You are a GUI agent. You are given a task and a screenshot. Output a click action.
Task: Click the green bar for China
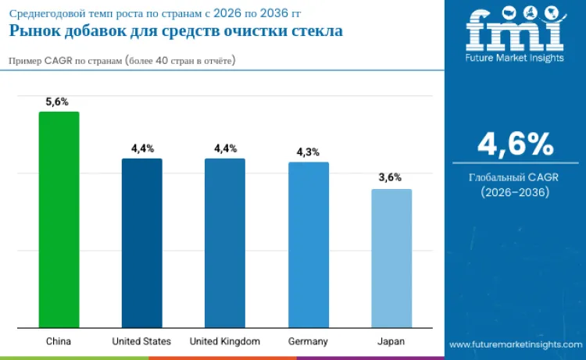click(59, 219)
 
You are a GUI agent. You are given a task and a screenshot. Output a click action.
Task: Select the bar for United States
click(141, 243)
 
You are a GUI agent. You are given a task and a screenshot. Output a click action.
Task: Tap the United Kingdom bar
click(225, 243)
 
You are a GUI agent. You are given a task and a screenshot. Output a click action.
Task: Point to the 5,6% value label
click(59, 102)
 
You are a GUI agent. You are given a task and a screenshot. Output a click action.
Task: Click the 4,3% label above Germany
click(308, 152)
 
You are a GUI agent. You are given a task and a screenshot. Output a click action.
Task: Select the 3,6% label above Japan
click(390, 178)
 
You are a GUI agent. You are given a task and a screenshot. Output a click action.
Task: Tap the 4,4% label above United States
click(142, 148)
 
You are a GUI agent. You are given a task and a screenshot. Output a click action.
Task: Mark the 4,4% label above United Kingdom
click(225, 148)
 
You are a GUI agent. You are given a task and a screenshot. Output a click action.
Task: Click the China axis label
click(59, 341)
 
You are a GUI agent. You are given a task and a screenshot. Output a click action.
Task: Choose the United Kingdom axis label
click(225, 341)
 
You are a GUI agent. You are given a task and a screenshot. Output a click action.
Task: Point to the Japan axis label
click(391, 341)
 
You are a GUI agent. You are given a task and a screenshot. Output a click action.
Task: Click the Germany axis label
click(308, 341)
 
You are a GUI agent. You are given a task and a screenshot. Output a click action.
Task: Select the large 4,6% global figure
click(515, 144)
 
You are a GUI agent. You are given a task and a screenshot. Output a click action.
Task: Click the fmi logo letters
click(515, 32)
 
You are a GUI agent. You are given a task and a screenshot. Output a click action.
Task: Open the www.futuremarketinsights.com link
click(515, 344)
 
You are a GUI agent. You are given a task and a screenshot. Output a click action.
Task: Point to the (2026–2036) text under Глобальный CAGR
click(515, 192)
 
